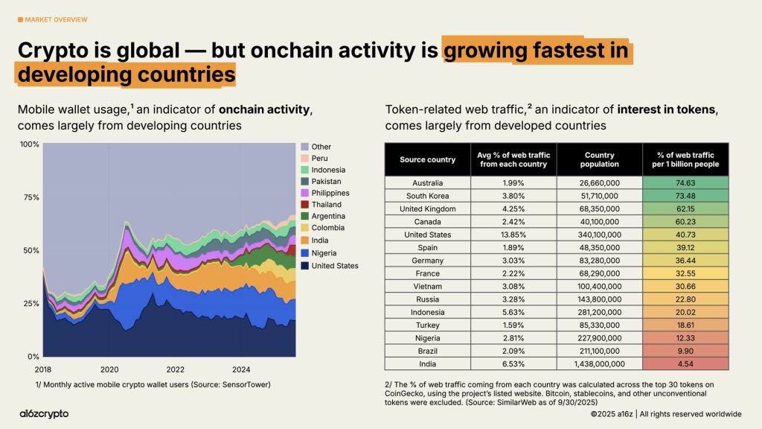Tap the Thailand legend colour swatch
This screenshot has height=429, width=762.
304,205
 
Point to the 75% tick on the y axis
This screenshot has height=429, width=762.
30,197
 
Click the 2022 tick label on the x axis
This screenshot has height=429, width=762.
175,369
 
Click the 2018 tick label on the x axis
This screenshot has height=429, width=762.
43,369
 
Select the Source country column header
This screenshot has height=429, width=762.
427,159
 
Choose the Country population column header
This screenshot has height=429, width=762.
599,159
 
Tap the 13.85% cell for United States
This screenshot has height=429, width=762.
513,235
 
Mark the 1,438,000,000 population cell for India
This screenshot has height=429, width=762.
599,364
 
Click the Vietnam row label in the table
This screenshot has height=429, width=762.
427,287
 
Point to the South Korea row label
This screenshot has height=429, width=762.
427,196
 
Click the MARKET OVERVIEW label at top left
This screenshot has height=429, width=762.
56,19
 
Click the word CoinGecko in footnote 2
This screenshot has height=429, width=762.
406,393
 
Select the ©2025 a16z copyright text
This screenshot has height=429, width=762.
610,414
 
